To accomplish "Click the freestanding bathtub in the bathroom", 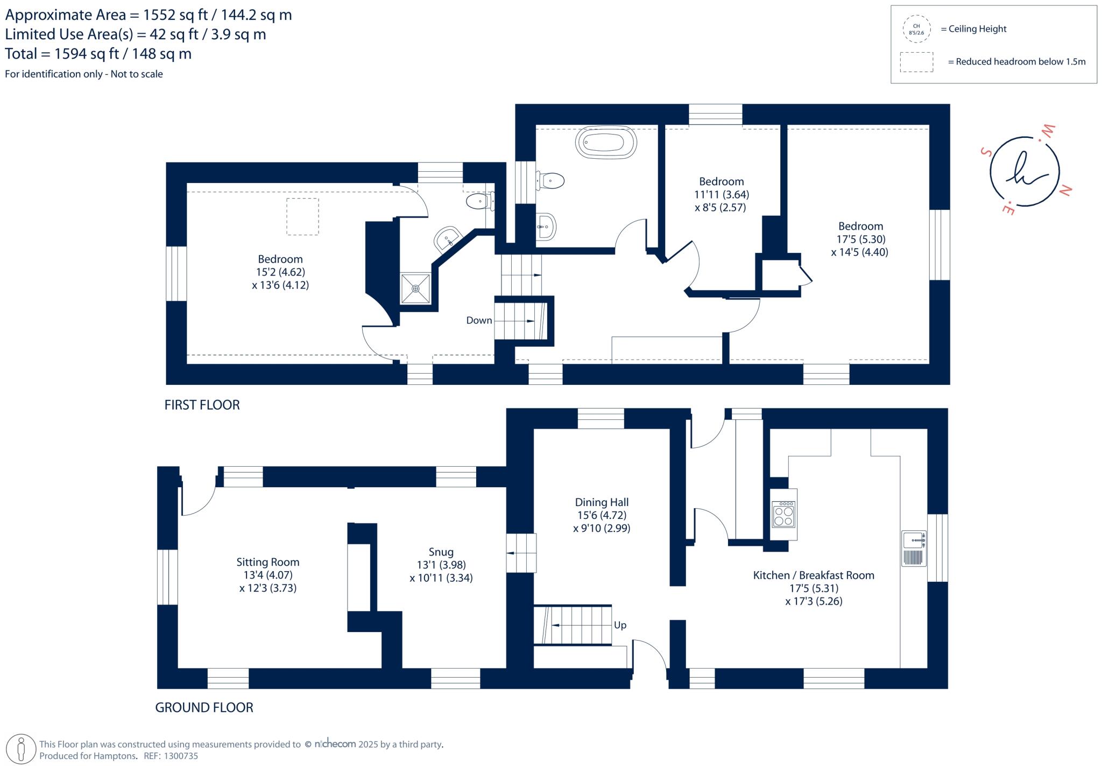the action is pos(606,143).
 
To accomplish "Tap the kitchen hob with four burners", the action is pos(783,514).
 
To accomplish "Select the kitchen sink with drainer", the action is pos(914,549).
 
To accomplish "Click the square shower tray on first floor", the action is pos(415,289).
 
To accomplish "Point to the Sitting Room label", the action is pos(268,562).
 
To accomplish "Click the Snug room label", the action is pos(441,552).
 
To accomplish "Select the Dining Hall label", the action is pos(602,502).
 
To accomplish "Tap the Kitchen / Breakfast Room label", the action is pos(814,575).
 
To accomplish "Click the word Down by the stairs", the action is pos(479,320).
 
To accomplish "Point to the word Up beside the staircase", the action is pos(620,626).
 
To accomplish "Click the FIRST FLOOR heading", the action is pos(202,405).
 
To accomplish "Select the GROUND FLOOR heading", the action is pos(204,707).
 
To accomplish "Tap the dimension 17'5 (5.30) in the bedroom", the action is pos(861,239).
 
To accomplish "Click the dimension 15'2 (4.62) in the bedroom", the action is pos(280,272).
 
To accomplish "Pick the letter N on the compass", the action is pos(1065,189).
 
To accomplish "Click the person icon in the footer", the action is pos(22,749).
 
